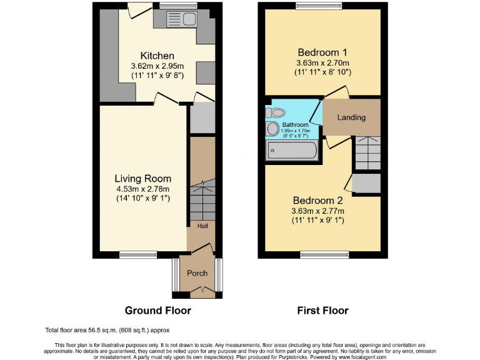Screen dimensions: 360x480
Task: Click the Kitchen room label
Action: pos(157,56)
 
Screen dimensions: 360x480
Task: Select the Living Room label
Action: pos(142,179)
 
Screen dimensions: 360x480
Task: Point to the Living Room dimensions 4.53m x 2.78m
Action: pos(142,189)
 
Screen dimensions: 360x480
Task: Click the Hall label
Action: pos(204,226)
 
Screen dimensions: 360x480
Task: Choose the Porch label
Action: pos(197,273)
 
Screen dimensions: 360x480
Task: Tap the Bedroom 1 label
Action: pos(322,51)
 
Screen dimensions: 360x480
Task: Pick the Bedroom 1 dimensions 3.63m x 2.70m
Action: pos(323,62)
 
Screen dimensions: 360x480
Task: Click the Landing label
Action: pos(351,117)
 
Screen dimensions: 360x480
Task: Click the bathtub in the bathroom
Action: pos(291,150)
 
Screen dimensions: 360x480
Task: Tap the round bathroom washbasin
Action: pos(272,129)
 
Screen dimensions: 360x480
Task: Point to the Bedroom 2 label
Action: pos(318,201)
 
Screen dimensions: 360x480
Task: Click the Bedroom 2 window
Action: pos(323,254)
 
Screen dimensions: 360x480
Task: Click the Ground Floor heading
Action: pos(157,310)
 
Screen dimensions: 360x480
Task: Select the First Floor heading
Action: pos(322,310)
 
